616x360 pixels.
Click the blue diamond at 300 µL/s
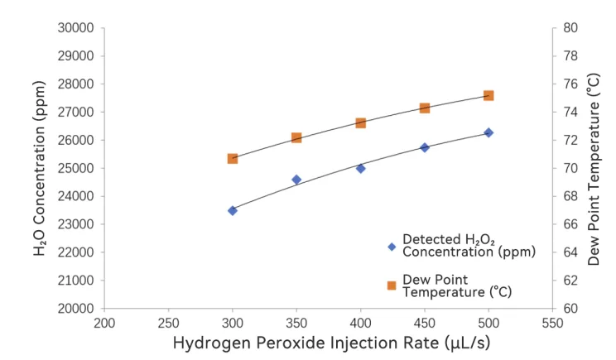pos(233,210)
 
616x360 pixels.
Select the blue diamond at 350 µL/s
pos(296,180)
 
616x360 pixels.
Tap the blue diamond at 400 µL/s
pos(361,168)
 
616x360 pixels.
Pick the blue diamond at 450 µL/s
pos(425,147)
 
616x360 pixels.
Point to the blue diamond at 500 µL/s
pos(488,132)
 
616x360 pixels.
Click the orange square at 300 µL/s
pos(233,158)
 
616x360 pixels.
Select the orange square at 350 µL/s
pos(296,137)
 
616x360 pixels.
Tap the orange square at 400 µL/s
pos(361,122)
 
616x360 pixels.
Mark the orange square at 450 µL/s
pos(425,108)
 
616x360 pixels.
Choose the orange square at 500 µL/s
pos(488,95)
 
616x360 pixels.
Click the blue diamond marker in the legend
pos(392,246)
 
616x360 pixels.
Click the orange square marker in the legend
pos(392,286)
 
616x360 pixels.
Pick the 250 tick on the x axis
pos(168,323)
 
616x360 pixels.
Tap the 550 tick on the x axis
pos(552,323)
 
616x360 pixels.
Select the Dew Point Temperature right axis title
pos(594,169)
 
